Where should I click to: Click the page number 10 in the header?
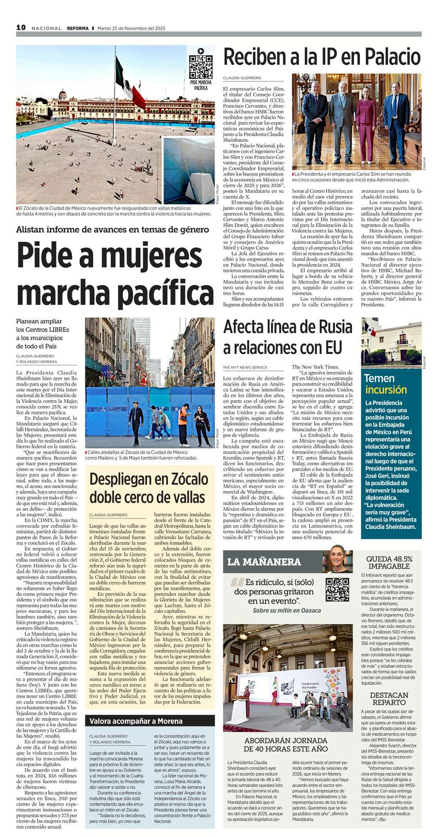[x=21, y=28]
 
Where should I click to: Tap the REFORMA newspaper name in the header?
[x=78, y=28]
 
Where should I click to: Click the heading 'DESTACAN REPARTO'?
[x=389, y=698]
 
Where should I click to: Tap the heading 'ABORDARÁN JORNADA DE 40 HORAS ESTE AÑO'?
[x=286, y=745]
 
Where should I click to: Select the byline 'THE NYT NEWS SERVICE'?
[x=245, y=367]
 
